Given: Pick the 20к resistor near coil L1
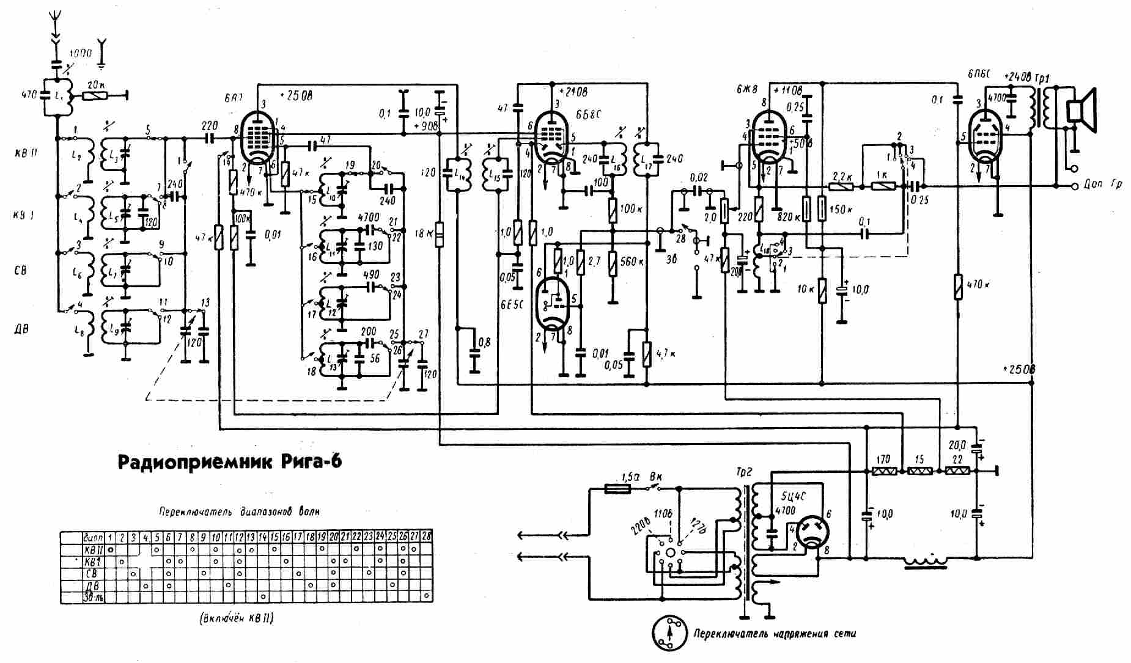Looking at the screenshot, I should point(94,95).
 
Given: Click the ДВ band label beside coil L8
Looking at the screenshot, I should point(21,329).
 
